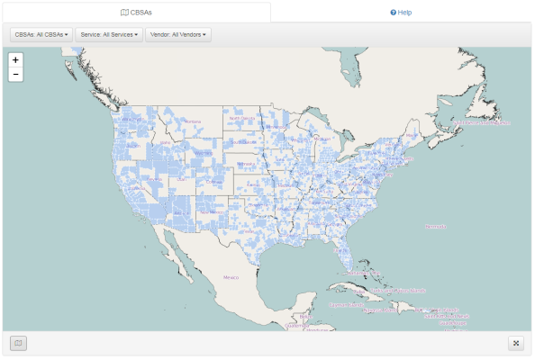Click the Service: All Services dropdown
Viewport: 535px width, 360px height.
[109, 35]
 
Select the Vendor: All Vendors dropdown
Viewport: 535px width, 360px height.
[178, 35]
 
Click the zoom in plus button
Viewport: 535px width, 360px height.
[15, 59]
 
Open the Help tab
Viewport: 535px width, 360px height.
[401, 12]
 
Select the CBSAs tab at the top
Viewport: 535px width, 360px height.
[136, 12]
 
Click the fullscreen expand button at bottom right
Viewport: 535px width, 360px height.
[516, 343]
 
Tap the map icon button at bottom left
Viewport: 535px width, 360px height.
[18, 343]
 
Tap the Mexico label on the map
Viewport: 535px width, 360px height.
[232, 278]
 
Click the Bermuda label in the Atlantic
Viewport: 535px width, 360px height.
[435, 226]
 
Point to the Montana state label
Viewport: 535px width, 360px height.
[193, 120]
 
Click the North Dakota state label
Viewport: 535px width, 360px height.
[241, 118]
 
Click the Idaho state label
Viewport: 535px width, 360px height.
[165, 142]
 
